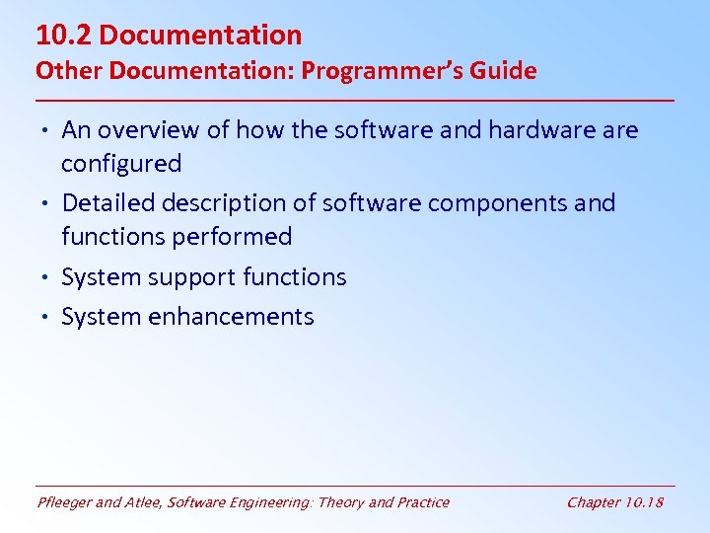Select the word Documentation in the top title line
[200, 36]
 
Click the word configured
[121, 164]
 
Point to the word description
[225, 204]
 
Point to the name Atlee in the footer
[143, 502]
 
